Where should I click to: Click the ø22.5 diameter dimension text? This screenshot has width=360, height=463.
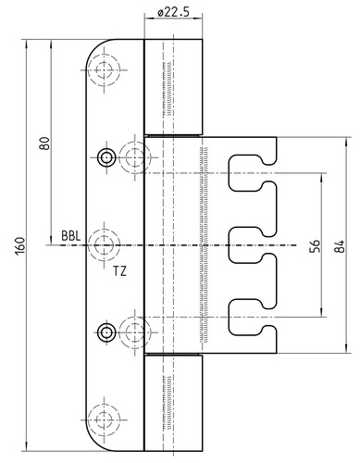pos(173,12)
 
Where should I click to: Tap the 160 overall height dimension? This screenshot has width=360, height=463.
pos(20,246)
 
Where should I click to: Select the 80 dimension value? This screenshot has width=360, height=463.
pos(44,144)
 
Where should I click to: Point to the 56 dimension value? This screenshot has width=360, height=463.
pos(316,246)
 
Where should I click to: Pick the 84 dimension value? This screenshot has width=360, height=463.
pos(340,246)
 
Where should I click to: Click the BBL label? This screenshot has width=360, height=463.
pos(71,236)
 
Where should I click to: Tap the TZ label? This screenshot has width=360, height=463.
pos(119,271)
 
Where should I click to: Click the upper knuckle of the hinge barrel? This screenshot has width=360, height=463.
pos(173,87)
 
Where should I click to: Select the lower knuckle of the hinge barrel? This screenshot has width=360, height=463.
pos(173,403)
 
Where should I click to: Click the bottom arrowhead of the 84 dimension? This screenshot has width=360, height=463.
pos(347,349)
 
